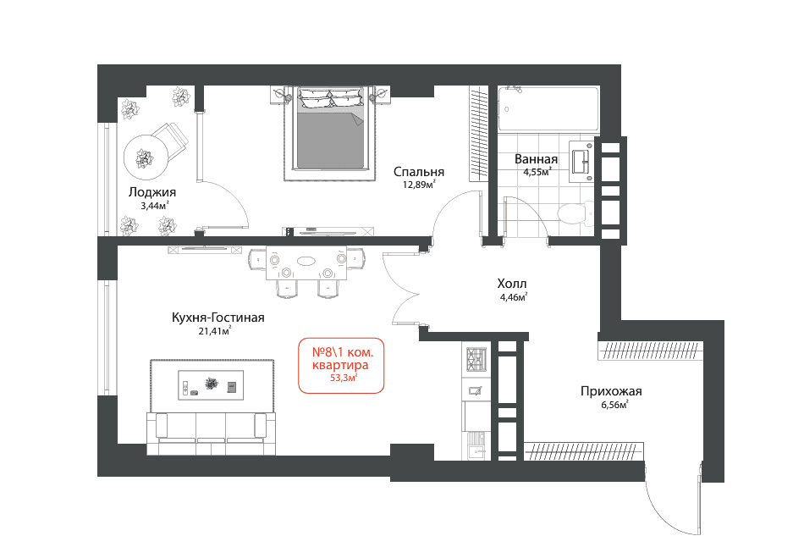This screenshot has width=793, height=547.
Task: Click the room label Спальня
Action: (419, 172)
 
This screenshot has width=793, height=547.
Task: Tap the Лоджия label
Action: (152, 192)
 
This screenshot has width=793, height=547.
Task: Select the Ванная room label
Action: (536, 159)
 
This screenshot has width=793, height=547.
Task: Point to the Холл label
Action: (512, 284)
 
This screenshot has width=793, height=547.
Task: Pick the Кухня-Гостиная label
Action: (218, 318)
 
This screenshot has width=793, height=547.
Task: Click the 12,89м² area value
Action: (419, 185)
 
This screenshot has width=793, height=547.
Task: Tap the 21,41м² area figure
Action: (215, 331)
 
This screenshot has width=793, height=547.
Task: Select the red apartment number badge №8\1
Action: (341, 365)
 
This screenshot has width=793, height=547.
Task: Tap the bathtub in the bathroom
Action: (548, 108)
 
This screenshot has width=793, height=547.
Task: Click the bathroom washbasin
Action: (581, 162)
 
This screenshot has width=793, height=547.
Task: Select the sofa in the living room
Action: (212, 434)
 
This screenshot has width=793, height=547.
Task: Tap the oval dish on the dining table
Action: (306, 261)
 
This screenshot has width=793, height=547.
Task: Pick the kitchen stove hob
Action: (476, 359)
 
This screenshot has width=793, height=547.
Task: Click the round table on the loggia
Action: (146, 157)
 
